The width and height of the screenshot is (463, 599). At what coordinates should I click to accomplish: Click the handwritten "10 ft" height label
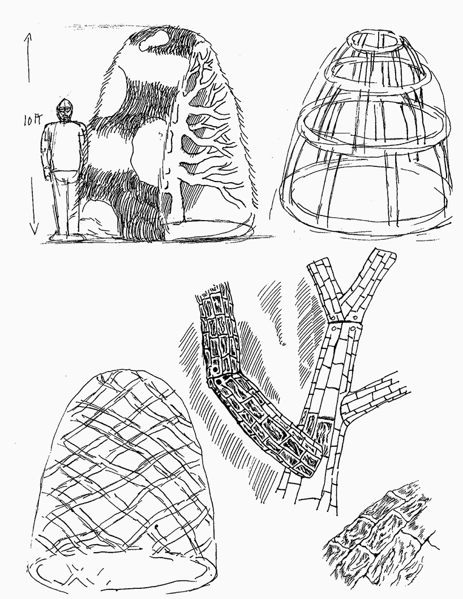tap(32, 120)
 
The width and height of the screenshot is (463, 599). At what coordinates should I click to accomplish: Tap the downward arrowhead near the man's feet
tap(34, 229)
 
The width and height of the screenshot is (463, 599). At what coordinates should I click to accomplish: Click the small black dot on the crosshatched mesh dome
tap(157, 527)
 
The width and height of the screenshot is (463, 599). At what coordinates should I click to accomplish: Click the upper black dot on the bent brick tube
tap(214, 370)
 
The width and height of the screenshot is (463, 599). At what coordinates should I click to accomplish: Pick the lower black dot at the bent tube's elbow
tap(219, 381)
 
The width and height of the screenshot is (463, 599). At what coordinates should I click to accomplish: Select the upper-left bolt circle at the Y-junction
tap(332, 318)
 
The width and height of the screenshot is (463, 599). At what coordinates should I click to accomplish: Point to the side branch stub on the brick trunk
tap(373, 401)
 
